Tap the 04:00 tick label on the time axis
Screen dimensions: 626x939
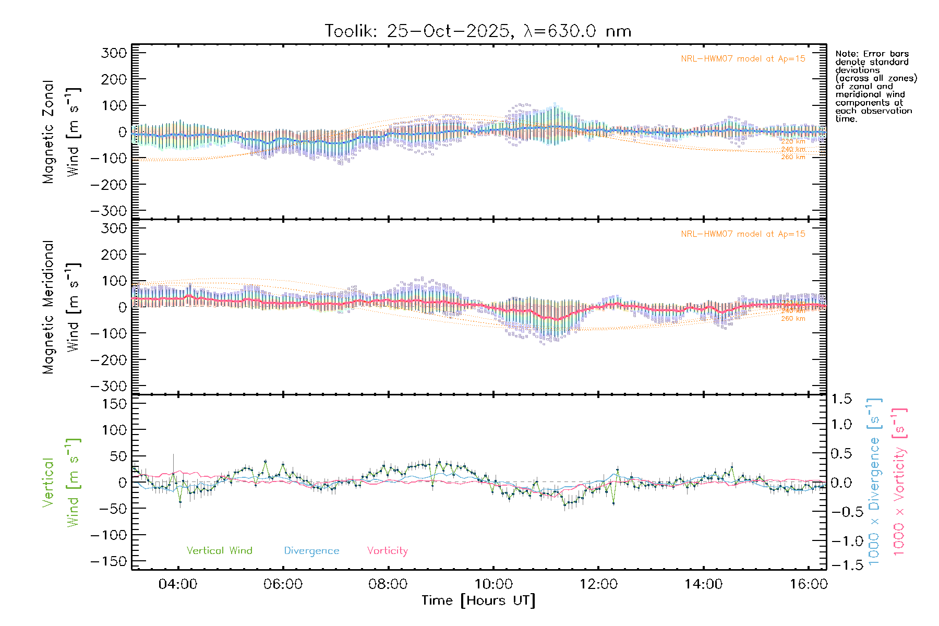pyautogui.click(x=178, y=584)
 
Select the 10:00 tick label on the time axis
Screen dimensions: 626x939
pyautogui.click(x=493, y=584)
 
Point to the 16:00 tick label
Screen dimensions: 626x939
pyautogui.click(x=808, y=584)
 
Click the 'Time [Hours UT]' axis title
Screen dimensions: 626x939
pyautogui.click(x=478, y=600)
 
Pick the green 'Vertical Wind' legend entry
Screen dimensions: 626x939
pyautogui.click(x=219, y=550)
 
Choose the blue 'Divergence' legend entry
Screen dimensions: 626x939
pyautogui.click(x=311, y=551)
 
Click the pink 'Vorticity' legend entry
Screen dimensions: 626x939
pyautogui.click(x=387, y=550)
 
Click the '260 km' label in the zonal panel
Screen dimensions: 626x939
pyautogui.click(x=793, y=157)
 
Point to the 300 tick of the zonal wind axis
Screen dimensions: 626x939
pyautogui.click(x=114, y=53)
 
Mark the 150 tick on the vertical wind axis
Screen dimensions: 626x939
pyautogui.click(x=114, y=404)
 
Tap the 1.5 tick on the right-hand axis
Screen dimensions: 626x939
pyautogui.click(x=841, y=399)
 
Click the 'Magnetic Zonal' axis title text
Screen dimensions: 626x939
pyautogui.click(x=49, y=132)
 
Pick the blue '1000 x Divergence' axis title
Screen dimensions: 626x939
pyautogui.click(x=874, y=481)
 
